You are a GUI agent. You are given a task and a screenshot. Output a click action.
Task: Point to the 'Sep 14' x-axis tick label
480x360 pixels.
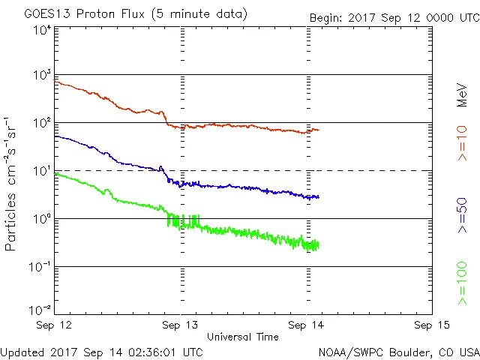tap(306, 325)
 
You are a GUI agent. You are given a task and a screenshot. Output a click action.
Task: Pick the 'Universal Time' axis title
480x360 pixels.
tap(243, 337)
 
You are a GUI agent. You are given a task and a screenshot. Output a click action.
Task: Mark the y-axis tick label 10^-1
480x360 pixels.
tap(40, 267)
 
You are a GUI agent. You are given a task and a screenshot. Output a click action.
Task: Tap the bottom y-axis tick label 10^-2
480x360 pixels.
tap(40, 309)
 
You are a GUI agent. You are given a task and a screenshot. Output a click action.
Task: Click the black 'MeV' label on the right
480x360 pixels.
tap(462, 94)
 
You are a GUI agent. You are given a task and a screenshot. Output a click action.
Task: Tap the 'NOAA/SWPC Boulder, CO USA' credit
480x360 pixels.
tap(398, 351)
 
